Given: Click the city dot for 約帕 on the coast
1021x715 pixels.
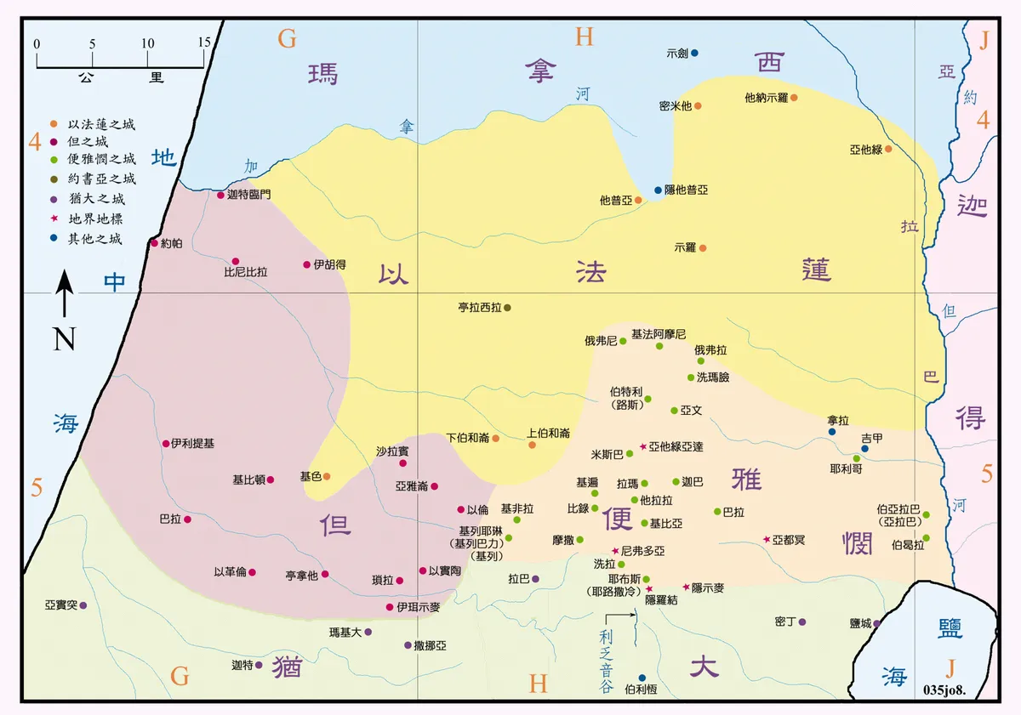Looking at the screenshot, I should [x=154, y=243].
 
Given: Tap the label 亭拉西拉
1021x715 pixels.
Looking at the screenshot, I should [x=480, y=307].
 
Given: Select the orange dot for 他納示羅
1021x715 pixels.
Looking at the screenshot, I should [x=794, y=97].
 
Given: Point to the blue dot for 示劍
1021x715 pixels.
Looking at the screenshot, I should [x=694, y=53].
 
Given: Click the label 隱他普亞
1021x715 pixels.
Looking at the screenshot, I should [x=685, y=190].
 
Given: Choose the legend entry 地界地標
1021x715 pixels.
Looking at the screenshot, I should [x=95, y=219].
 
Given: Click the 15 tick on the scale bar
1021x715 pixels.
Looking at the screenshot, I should [x=203, y=43].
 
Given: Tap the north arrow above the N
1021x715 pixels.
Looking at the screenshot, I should [x=65, y=292].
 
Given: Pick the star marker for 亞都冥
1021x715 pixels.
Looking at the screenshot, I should [x=767, y=540].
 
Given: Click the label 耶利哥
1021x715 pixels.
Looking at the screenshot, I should [x=846, y=468].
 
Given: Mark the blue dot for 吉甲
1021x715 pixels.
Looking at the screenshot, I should [x=864, y=449].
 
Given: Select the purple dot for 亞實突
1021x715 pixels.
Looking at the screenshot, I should [x=83, y=605].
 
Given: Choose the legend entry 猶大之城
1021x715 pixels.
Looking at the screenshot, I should [x=95, y=199].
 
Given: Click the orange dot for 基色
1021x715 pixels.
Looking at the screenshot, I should [x=327, y=476].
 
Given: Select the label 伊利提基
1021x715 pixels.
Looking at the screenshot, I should [x=192, y=443].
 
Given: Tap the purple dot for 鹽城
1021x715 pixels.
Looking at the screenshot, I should [x=876, y=622].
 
